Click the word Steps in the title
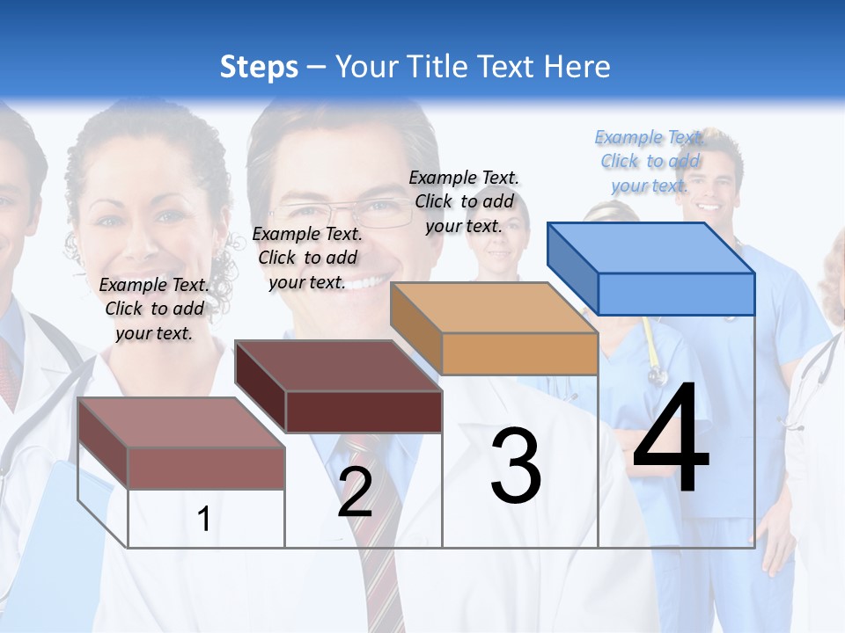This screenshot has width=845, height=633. click(259, 67)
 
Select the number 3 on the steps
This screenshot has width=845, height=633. click(516, 466)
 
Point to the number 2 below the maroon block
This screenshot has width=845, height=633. click(355, 492)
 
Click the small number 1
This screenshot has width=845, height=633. click(203, 519)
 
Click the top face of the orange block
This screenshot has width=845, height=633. click(494, 307)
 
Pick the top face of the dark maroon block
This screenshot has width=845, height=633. click(338, 365)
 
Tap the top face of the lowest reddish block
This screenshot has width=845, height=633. click(181, 422)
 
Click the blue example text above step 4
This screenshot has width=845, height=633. click(650, 161)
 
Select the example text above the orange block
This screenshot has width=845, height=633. click(464, 201)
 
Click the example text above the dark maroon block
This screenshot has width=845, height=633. click(307, 258)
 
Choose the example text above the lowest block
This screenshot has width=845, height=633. click(154, 309)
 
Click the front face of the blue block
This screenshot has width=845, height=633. click(676, 294)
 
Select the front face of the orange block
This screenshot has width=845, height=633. click(519, 353)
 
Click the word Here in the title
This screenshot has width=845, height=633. click(577, 67)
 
